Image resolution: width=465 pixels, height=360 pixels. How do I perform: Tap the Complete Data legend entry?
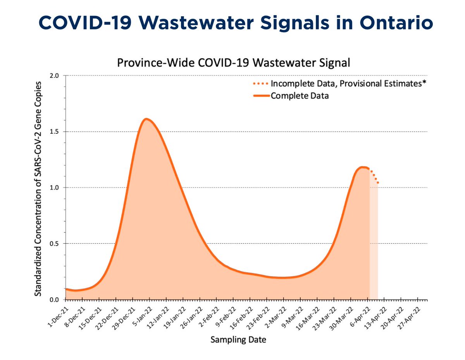click(x=299, y=96)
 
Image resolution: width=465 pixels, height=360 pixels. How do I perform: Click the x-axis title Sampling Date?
click(x=238, y=340)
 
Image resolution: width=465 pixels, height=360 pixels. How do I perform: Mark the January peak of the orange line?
click(x=146, y=119)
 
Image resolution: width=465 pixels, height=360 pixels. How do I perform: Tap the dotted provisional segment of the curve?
click(x=374, y=176)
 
